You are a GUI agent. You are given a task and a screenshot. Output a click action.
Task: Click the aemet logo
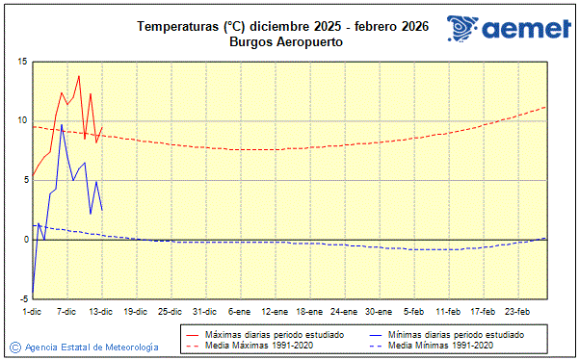click(505, 30)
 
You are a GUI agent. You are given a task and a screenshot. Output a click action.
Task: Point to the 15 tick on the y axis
click(21, 62)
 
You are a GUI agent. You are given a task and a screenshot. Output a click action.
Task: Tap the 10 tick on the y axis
click(21, 120)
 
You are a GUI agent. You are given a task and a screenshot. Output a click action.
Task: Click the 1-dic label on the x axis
click(33, 311)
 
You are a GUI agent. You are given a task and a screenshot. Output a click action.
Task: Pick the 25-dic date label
click(170, 311)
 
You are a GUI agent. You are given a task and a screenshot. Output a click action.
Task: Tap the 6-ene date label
click(239, 311)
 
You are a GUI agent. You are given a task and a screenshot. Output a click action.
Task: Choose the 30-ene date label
click(379, 311)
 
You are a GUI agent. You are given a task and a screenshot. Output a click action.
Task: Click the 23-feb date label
click(518, 311)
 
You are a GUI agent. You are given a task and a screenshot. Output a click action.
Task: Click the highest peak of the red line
click(79, 75)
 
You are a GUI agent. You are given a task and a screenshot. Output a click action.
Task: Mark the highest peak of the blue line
click(62, 125)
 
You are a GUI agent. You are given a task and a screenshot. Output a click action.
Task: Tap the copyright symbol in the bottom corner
click(14, 347)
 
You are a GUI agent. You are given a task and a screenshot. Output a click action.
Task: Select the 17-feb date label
click(484, 311)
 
